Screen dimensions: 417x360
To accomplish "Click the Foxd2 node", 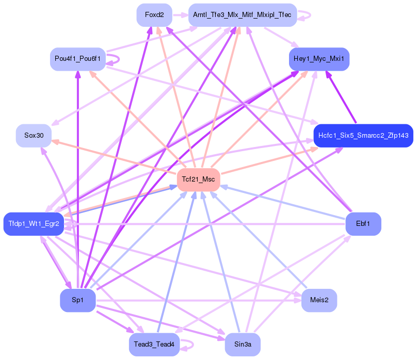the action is [154, 15].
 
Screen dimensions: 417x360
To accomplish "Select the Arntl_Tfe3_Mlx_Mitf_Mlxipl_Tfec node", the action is [243, 15].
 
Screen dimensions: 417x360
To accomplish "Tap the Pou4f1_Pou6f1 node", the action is [77, 59].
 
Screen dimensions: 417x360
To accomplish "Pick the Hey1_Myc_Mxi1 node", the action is [319, 59].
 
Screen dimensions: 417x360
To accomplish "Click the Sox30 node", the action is [34, 136].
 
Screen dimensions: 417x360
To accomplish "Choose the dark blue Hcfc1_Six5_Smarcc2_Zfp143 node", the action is [363, 136].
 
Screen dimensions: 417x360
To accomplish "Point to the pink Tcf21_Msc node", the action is [198, 179].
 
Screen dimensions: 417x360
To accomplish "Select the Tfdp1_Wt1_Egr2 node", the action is [34, 224].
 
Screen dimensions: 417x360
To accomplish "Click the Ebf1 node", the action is [363, 224].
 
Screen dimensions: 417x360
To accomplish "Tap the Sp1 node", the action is [77, 300].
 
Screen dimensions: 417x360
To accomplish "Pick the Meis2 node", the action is [319, 300].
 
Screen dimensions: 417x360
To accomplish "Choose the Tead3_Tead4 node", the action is [154, 345].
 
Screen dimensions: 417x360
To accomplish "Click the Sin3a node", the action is [243, 345].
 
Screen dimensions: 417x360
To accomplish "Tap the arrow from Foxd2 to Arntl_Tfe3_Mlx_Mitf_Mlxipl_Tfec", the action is [180, 15].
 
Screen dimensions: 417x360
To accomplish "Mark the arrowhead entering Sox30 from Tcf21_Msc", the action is [55, 141].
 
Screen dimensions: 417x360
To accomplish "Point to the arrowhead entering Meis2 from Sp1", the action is [298, 301].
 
